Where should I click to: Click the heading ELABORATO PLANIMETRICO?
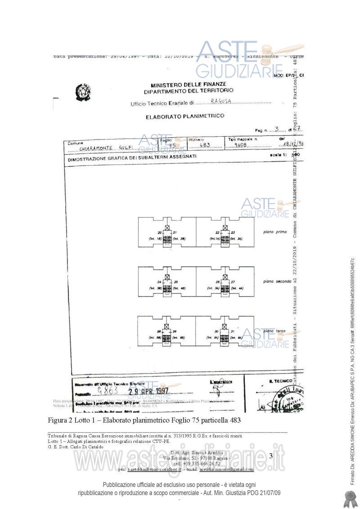(x=185, y=116)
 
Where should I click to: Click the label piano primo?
(x=275, y=232)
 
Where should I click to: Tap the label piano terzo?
(x=275, y=331)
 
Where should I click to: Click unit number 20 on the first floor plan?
(x=159, y=232)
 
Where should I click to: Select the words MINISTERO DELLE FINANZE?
(x=189, y=84)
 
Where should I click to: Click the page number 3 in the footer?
(x=270, y=455)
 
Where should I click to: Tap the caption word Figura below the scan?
(x=58, y=420)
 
